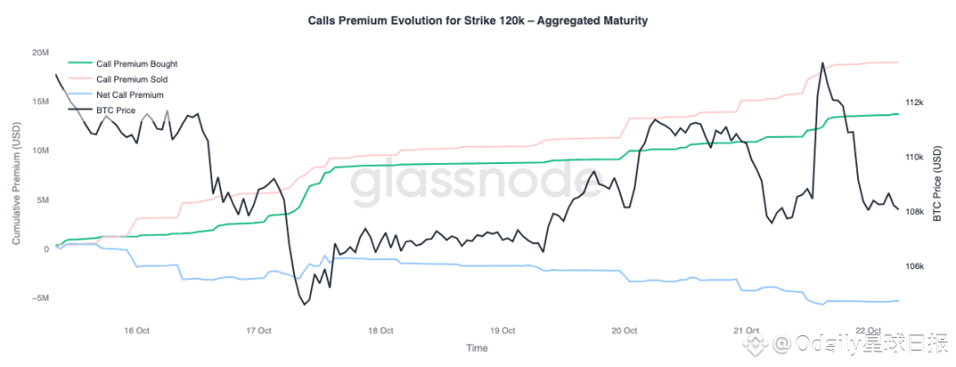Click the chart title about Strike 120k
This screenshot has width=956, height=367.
click(x=478, y=20)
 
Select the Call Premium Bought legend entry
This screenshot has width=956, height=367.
click(x=136, y=64)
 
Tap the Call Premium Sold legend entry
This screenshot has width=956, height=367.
click(x=132, y=80)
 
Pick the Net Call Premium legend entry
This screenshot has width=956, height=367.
click(x=129, y=94)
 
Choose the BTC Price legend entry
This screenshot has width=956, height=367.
click(x=115, y=110)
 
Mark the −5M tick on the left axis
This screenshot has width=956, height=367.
click(x=37, y=298)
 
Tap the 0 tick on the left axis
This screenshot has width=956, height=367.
click(x=45, y=249)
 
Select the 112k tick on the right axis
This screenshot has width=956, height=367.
click(x=914, y=102)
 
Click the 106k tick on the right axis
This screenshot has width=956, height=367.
click(x=914, y=267)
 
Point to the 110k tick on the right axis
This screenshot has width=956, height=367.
click(x=914, y=158)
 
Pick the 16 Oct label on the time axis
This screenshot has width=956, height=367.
click(x=136, y=330)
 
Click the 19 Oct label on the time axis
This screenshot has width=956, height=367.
click(x=502, y=330)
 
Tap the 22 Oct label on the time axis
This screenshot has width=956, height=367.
click(x=869, y=330)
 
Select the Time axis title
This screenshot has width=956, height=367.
click(x=476, y=348)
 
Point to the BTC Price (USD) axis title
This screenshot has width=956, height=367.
click(x=938, y=183)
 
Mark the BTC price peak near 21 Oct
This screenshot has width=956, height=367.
click(x=822, y=63)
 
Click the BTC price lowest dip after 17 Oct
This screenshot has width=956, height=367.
click(x=304, y=304)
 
